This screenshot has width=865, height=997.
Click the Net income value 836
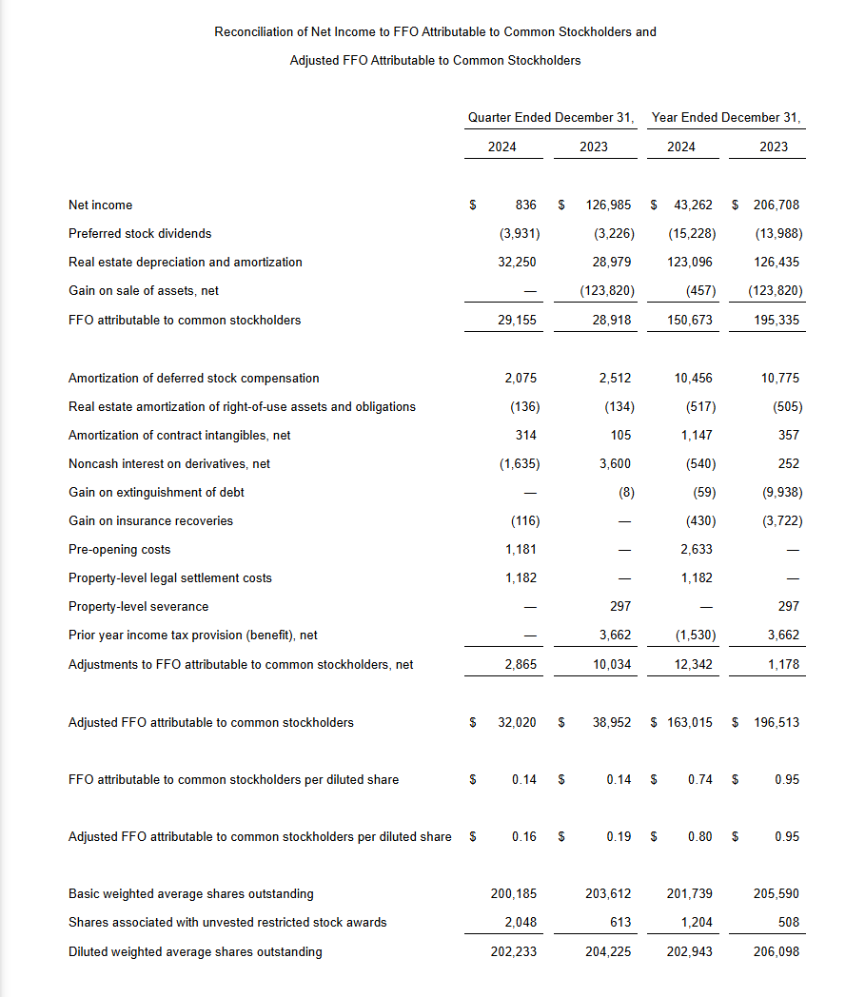(525, 205)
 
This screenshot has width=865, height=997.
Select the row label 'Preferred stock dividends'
(140, 233)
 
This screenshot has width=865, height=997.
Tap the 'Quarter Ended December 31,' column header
(551, 117)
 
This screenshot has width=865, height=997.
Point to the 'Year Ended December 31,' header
(726, 117)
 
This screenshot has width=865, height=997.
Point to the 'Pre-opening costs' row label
(120, 549)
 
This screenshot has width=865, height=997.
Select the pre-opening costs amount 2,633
(696, 549)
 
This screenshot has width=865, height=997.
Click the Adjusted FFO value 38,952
(611, 722)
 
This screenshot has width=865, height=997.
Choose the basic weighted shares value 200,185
(513, 893)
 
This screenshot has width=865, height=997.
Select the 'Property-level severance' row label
(138, 606)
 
